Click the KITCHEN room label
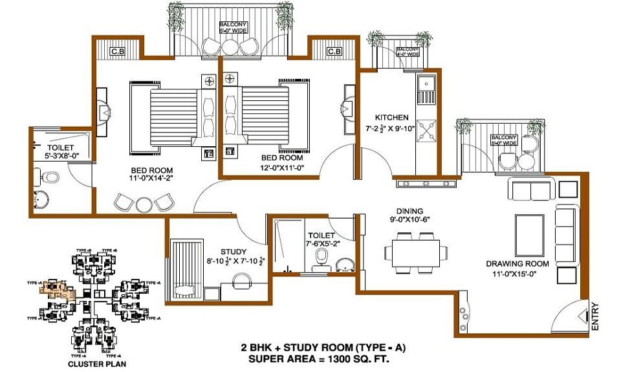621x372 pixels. [x=392, y=118]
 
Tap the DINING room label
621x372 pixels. [x=410, y=211]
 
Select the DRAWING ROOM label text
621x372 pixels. [x=517, y=263]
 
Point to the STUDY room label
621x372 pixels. [x=232, y=252]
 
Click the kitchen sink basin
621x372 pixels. [x=426, y=89]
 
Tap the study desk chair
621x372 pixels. [x=242, y=280]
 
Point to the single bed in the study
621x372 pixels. [x=187, y=268]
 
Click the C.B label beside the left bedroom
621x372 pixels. [x=118, y=52]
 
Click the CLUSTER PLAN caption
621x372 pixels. [x=99, y=364]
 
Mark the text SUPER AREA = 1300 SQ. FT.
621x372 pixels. [x=323, y=358]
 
